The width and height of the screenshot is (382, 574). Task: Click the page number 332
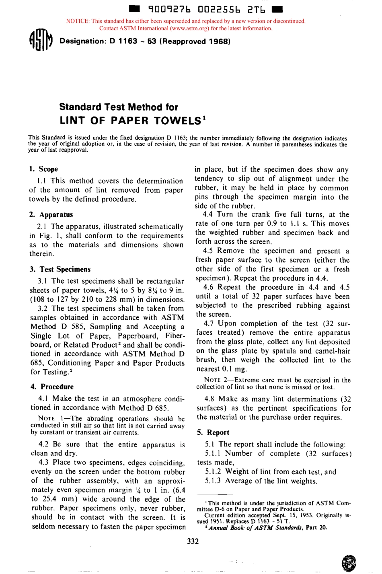tap(193, 541)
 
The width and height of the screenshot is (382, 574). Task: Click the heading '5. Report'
tap(213, 432)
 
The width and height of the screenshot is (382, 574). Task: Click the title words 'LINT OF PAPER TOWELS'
tap(131, 121)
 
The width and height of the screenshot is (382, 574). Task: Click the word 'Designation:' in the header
tap(82, 41)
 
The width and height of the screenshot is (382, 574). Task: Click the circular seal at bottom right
tap(348, 563)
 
